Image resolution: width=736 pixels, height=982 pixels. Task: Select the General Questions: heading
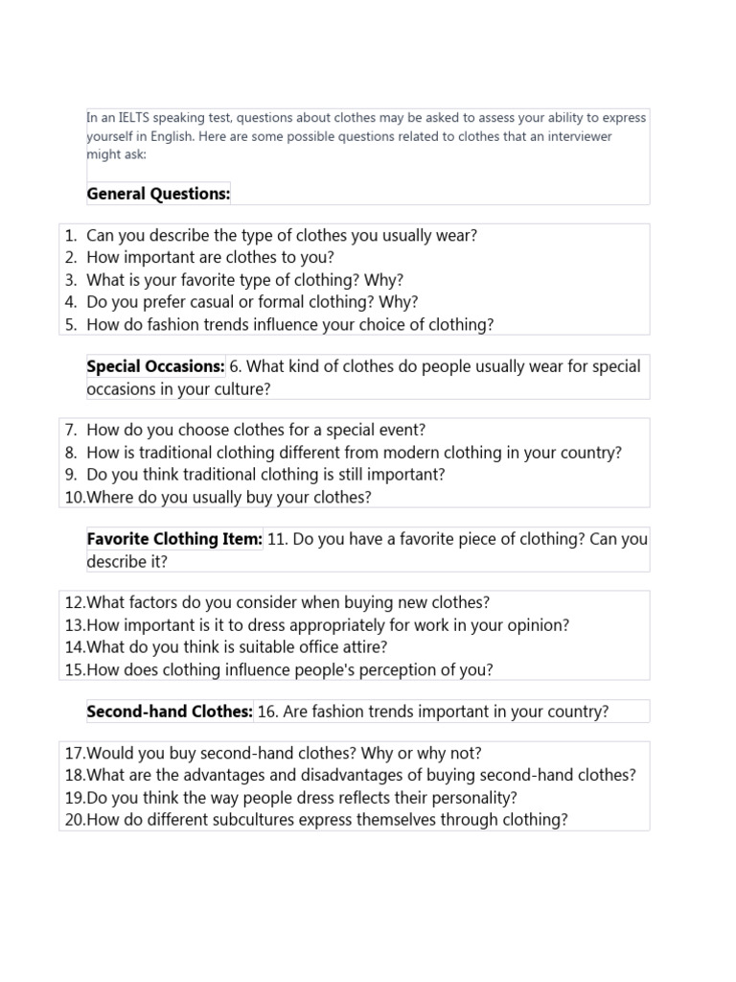pyautogui.click(x=158, y=194)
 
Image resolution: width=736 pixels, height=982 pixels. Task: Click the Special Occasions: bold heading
pyautogui.click(x=155, y=366)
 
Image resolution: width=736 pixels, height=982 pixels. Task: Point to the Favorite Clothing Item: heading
pyautogui.click(x=174, y=539)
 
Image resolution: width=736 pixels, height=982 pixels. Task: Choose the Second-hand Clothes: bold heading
pyautogui.click(x=170, y=712)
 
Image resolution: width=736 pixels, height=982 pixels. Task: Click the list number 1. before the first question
pyautogui.click(x=70, y=236)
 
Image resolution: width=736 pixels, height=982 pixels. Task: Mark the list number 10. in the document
pyautogui.click(x=74, y=497)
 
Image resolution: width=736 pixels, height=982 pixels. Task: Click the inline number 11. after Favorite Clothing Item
pyautogui.click(x=278, y=539)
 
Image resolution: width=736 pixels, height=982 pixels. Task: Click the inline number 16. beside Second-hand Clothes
pyautogui.click(x=268, y=712)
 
